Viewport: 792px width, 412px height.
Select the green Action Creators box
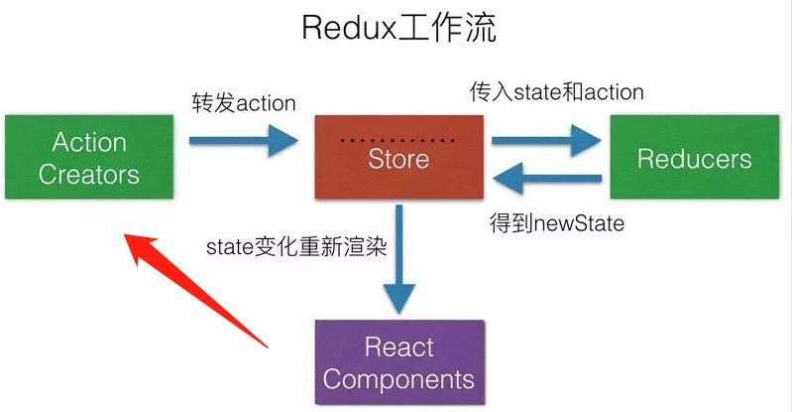pyautogui.click(x=89, y=157)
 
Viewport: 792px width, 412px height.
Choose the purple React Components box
pyautogui.click(x=398, y=362)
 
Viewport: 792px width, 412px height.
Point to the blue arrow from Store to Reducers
pyautogui.click(x=546, y=140)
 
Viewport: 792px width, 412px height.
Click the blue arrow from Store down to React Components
pyautogui.click(x=399, y=258)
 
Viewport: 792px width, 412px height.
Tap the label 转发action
pyautogui.click(x=243, y=101)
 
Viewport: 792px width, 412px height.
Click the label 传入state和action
pyautogui.click(x=556, y=91)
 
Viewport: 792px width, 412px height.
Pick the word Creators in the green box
pyautogui.click(x=89, y=175)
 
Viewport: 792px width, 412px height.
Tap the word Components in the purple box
pyautogui.click(x=398, y=378)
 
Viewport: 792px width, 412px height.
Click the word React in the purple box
pyautogui.click(x=398, y=347)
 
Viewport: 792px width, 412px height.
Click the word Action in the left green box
pyautogui.click(x=89, y=143)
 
